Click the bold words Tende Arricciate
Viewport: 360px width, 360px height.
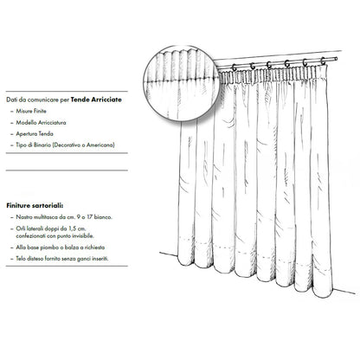(96, 100)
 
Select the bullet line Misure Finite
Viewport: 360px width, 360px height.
(31, 111)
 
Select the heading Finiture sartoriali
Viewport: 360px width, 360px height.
(35, 206)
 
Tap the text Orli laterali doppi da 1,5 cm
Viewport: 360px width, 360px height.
(51, 228)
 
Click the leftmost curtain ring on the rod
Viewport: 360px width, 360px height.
(234, 67)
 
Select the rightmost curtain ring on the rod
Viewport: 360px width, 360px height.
(323, 61)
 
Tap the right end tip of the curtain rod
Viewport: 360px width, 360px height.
(337, 59)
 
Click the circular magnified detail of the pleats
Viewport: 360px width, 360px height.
(182, 84)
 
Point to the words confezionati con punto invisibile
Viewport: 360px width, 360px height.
(55, 236)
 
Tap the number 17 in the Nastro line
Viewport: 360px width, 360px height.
(89, 217)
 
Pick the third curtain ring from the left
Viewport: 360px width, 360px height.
(269, 65)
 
